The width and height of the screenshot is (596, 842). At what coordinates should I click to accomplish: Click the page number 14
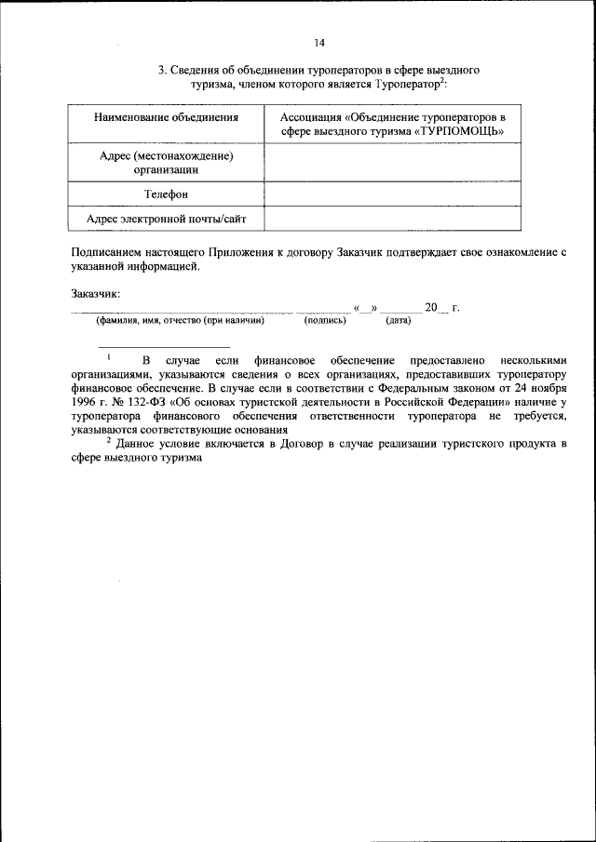click(319, 43)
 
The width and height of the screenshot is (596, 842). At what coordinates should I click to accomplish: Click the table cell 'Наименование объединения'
click(166, 118)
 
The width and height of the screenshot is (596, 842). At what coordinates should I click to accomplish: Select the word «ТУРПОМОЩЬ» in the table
click(461, 132)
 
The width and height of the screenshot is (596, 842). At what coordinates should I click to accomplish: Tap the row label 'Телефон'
click(166, 194)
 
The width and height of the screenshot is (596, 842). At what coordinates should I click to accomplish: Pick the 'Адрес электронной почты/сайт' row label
click(166, 219)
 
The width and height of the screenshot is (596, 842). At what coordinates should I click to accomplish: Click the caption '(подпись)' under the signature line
click(325, 321)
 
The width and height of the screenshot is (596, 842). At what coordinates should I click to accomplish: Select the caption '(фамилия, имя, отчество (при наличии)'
click(180, 321)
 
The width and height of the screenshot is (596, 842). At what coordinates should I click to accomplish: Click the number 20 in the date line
click(430, 307)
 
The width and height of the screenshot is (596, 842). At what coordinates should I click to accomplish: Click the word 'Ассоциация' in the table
click(311, 118)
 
